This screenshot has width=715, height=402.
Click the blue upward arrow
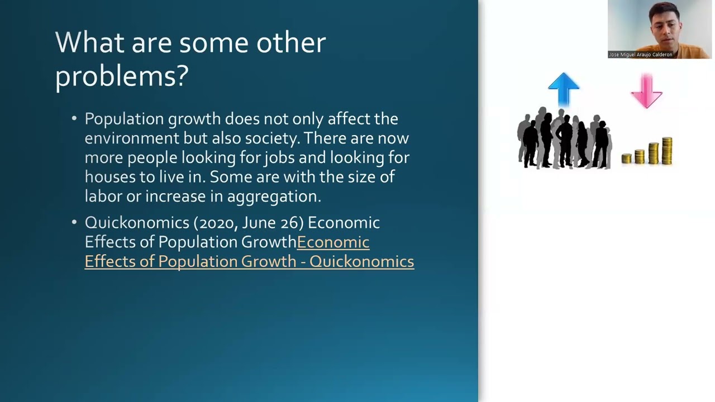click(x=564, y=88)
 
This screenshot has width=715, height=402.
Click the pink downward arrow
click(x=646, y=90)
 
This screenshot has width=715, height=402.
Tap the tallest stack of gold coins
click(x=666, y=150)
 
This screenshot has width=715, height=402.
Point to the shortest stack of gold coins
click(x=626, y=159)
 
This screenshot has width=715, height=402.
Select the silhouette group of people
click(x=564, y=138)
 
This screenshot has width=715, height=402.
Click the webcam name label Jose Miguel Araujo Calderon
click(x=641, y=55)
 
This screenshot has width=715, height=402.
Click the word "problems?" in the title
click(x=122, y=75)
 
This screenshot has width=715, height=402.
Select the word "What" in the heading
click(x=89, y=42)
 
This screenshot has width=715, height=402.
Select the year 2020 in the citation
click(x=217, y=223)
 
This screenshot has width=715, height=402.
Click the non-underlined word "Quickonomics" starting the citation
click(x=137, y=223)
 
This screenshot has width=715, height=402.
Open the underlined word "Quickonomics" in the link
click(x=361, y=261)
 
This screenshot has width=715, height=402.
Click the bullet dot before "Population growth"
click(x=75, y=119)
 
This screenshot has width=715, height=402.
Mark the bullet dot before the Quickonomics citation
click(x=75, y=223)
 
